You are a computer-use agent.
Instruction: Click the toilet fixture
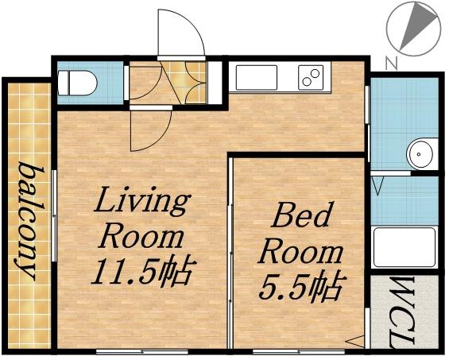(x=80, y=81)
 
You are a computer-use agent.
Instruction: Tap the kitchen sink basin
(x=256, y=78)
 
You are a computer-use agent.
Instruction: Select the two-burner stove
(x=311, y=78)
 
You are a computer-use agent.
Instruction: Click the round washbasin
(x=418, y=153)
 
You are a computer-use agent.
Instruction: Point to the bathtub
(x=404, y=247)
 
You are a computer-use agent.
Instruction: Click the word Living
(x=143, y=202)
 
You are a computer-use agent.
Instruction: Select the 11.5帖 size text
(x=142, y=273)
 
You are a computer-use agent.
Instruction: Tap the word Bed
(x=303, y=216)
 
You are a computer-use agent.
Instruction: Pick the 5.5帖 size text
(x=302, y=285)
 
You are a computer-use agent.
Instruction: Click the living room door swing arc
(x=151, y=128)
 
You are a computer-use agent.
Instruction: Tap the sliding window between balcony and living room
(x=53, y=215)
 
